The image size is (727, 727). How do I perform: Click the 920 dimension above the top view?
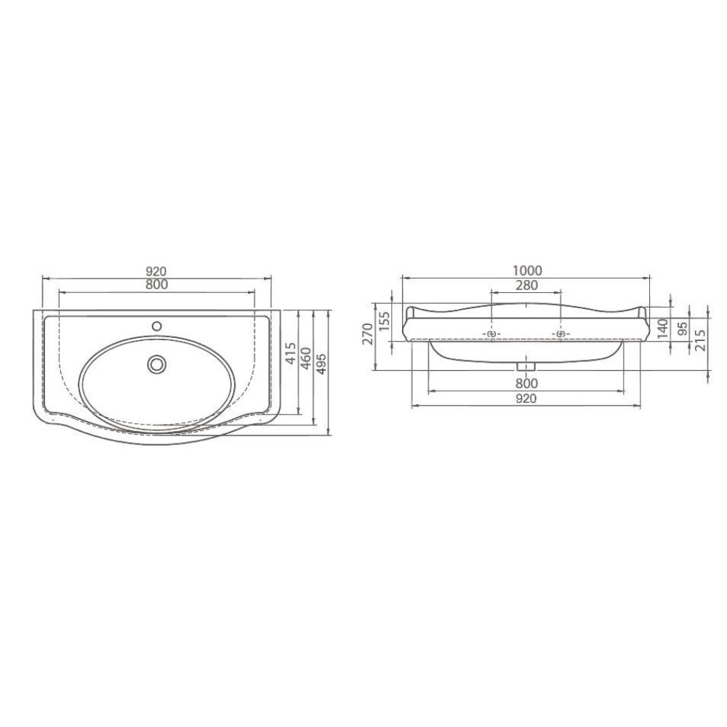[x=156, y=271]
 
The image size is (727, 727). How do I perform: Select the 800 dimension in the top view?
[x=157, y=285]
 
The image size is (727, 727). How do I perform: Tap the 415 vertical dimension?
[x=290, y=353]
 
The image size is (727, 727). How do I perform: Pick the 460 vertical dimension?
[x=307, y=358]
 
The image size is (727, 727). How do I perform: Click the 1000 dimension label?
[x=526, y=270]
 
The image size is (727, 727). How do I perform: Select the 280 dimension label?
[x=526, y=285]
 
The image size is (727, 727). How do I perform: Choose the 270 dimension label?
[x=367, y=334]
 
